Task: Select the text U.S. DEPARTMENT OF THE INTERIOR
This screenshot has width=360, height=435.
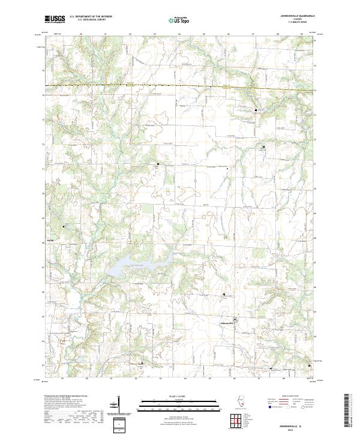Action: coord(89,17)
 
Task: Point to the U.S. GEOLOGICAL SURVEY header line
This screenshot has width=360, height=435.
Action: coord(89,21)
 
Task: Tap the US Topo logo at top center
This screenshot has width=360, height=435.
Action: coord(179,19)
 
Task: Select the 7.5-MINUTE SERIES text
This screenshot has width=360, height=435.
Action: coord(296,23)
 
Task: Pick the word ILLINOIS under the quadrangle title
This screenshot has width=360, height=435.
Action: coord(296,20)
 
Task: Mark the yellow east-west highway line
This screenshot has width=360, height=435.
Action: coord(180,87)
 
